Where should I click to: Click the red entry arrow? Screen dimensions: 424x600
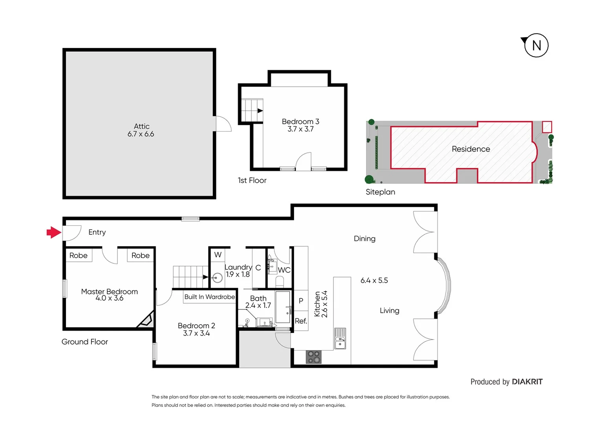click(x=54, y=232)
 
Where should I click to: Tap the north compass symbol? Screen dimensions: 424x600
click(x=536, y=46)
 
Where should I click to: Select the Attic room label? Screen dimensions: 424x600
click(x=141, y=126)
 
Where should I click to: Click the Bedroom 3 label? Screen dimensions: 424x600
click(x=300, y=122)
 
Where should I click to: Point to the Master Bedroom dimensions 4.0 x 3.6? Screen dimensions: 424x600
click(x=109, y=298)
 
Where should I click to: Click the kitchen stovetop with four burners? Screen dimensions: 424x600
click(x=313, y=357)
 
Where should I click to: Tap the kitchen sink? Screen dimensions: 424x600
click(x=340, y=339)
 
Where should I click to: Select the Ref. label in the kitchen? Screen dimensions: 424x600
click(x=301, y=321)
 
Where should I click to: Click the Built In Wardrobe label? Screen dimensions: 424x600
click(x=210, y=297)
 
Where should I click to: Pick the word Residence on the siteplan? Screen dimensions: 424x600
click(x=471, y=149)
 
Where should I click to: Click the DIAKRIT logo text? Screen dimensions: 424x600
click(x=527, y=382)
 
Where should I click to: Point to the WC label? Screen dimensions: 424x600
click(x=284, y=270)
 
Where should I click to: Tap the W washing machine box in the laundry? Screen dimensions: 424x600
click(x=218, y=255)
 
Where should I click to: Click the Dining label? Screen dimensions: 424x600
click(x=364, y=239)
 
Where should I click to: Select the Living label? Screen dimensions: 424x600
click(x=389, y=311)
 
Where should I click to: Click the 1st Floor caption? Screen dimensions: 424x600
click(x=252, y=181)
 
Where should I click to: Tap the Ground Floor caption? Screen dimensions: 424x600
click(x=85, y=342)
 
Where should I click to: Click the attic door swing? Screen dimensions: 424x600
click(x=223, y=124)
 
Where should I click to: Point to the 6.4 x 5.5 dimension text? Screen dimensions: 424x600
click(x=374, y=280)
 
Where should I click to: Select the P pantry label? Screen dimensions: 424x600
click(x=301, y=301)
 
